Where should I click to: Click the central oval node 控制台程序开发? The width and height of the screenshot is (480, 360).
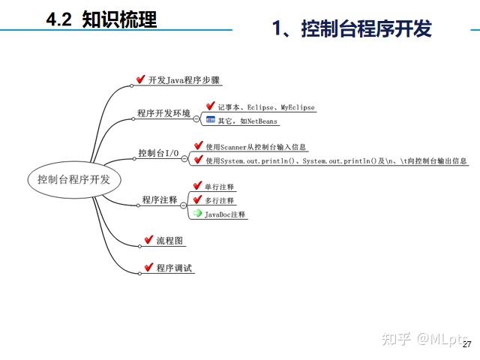74,179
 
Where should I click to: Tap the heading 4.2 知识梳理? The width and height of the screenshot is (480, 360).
101,19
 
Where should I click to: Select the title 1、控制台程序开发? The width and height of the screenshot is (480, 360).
352,28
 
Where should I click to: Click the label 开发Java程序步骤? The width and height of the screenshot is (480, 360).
184,80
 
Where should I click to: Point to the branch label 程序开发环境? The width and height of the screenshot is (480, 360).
163,113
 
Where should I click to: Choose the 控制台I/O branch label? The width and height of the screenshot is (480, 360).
158,153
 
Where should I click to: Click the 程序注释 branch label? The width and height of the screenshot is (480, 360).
160,200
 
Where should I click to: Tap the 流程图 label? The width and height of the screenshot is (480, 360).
169,241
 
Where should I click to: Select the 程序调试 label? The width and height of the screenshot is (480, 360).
174,268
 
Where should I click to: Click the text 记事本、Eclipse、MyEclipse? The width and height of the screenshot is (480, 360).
266,107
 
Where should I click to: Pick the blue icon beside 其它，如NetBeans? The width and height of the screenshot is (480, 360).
211,120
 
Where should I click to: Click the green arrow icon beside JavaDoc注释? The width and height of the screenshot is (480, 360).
197,213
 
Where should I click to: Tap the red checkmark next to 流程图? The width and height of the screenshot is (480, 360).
148,239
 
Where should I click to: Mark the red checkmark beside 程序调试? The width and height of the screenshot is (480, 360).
148,267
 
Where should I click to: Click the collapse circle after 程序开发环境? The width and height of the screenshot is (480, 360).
196,118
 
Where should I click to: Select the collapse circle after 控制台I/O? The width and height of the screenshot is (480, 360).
184,158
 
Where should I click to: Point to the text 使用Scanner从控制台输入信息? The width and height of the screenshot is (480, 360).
256,147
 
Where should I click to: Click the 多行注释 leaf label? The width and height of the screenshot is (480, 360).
219,201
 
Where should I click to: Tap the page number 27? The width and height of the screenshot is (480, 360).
466,344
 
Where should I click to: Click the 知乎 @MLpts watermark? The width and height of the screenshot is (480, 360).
424,339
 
